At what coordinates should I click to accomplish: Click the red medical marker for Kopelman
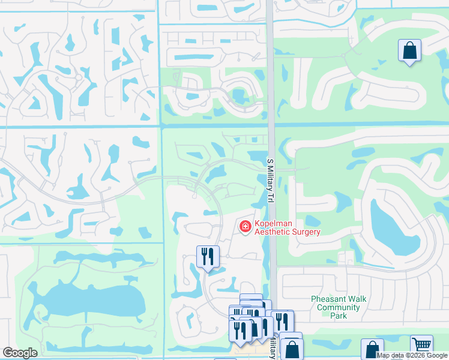click(x=245, y=226)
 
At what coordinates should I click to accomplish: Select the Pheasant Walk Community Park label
click(x=339, y=307)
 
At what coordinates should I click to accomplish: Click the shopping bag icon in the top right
click(x=409, y=51)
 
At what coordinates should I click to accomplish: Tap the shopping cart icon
click(x=422, y=346)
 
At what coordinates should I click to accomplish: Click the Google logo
click(x=20, y=353)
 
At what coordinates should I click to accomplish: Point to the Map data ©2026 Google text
click(x=412, y=355)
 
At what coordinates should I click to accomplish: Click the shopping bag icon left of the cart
click(x=372, y=349)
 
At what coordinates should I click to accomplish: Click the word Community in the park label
click(x=339, y=308)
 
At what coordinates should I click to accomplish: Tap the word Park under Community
click(x=339, y=316)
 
